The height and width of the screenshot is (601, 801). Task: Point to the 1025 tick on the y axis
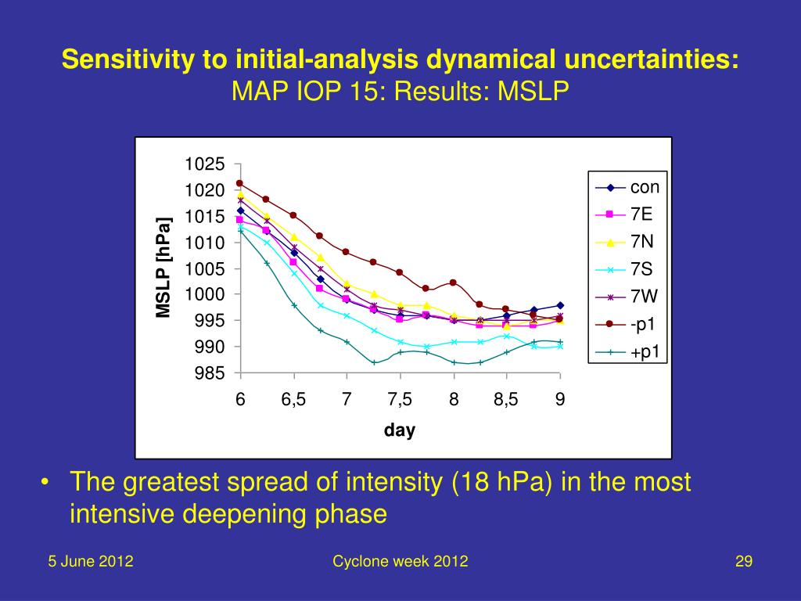pyautogui.click(x=205, y=164)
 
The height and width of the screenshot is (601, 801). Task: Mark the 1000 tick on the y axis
pyautogui.click(x=205, y=294)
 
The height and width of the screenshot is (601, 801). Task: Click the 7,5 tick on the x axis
pyautogui.click(x=400, y=399)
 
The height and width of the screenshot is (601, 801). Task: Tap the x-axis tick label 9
pyautogui.click(x=560, y=399)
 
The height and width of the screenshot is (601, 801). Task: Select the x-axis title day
pyautogui.click(x=399, y=430)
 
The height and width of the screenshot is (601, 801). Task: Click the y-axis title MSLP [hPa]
pyautogui.click(x=163, y=268)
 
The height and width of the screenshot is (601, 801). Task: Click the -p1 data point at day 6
pyautogui.click(x=240, y=183)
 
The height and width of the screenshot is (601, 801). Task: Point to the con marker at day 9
pyautogui.click(x=560, y=305)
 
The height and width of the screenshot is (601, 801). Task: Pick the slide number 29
pyautogui.click(x=743, y=561)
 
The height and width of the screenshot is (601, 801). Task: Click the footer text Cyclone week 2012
pyautogui.click(x=400, y=561)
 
